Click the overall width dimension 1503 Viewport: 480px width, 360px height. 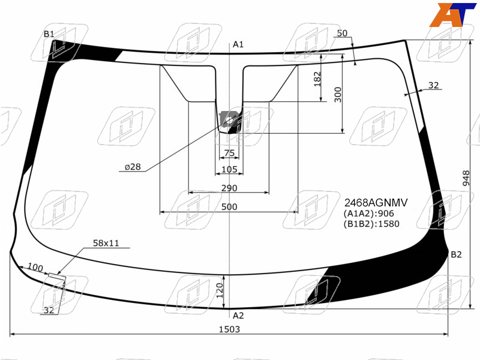229,329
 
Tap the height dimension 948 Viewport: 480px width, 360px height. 466,178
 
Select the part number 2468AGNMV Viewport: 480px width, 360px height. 376,203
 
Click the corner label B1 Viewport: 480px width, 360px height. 49,34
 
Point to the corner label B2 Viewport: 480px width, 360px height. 456,254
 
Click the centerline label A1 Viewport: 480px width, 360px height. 238,44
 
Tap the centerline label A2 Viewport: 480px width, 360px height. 238,316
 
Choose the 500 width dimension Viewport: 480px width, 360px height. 229,207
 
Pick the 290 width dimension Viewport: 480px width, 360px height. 229,188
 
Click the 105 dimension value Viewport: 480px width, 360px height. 229,169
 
